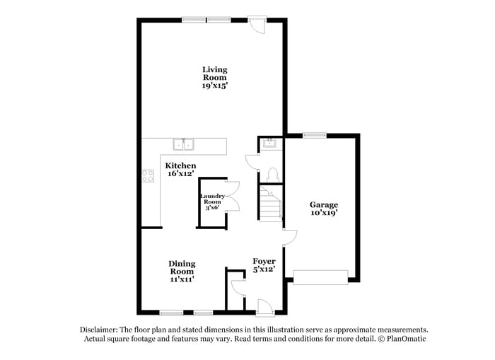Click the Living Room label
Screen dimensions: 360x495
coord(214,77)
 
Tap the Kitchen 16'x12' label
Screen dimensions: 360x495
coord(180,169)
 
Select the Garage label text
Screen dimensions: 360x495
coord(323,209)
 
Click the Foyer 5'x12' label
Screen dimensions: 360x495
coord(264,265)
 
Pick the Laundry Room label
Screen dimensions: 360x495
coord(212,202)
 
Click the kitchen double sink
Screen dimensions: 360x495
coord(185,145)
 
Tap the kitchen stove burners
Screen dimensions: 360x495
coord(148,176)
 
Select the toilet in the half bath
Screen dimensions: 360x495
coord(274,174)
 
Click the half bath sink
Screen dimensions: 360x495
coord(270,144)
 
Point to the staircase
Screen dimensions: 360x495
coord(270,204)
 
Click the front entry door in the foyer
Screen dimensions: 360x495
coord(264,307)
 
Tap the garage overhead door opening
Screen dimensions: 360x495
coord(320,277)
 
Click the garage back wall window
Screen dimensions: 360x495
coord(313,134)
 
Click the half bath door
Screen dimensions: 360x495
coord(252,161)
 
